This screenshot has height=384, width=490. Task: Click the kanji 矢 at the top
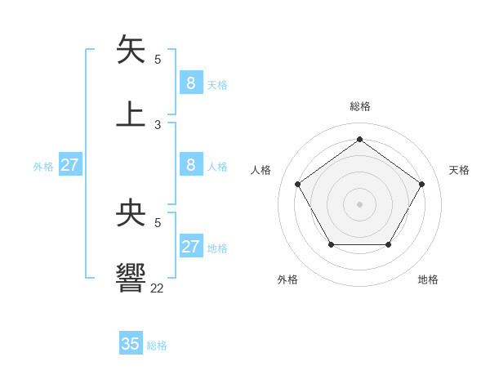[131, 50]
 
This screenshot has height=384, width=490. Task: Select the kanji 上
[131, 114]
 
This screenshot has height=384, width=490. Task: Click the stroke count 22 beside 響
[158, 288]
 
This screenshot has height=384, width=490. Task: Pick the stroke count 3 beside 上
[158, 125]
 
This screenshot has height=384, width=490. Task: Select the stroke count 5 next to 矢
[158, 60]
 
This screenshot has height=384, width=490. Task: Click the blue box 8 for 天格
[190, 83]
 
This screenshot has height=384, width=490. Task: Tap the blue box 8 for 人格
[190, 165]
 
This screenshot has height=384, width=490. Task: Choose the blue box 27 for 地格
[190, 247]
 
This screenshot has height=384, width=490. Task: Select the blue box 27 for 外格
[69, 165]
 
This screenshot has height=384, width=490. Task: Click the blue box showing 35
[131, 344]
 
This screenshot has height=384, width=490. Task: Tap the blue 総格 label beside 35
[157, 346]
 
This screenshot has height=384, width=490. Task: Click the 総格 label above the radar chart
[359, 106]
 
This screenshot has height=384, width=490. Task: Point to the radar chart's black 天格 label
[459, 170]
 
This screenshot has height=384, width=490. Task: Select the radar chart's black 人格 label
[261, 170]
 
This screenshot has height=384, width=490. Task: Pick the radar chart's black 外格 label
[287, 279]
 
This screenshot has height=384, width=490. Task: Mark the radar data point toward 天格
[421, 184]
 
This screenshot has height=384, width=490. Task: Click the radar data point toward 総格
[359, 139]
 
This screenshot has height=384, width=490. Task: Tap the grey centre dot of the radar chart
[359, 203]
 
